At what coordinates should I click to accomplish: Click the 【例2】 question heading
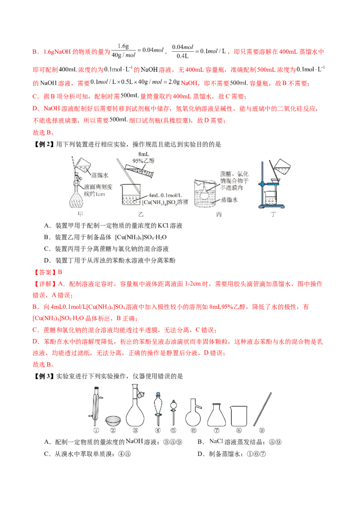(44, 144)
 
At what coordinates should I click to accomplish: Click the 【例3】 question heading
(44, 376)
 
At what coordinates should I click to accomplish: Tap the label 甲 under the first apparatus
(81, 214)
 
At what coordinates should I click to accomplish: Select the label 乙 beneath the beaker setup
(140, 214)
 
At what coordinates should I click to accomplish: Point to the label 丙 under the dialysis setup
(219, 214)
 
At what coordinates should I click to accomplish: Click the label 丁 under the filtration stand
(273, 214)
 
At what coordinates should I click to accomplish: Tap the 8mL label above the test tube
(143, 154)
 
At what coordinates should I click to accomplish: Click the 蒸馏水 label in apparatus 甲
(100, 175)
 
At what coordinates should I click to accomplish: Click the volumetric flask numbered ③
(135, 406)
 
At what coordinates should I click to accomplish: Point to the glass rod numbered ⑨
(262, 409)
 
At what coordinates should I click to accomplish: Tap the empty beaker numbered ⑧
(239, 416)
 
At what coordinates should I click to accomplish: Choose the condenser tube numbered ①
(96, 406)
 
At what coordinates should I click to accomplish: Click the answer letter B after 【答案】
(60, 272)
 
